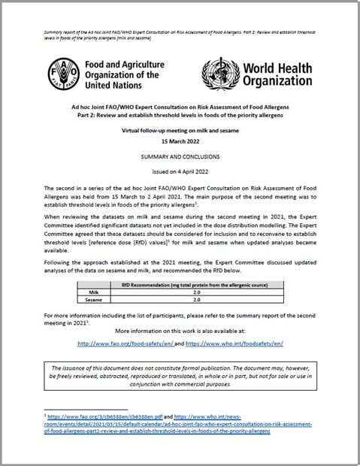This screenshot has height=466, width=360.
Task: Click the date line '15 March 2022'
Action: (x=180, y=141)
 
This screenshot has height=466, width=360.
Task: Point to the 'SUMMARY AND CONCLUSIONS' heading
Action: (x=180, y=156)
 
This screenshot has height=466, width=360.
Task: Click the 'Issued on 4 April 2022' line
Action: (x=180, y=171)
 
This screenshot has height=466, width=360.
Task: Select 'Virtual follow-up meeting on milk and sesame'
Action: (x=180, y=130)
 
